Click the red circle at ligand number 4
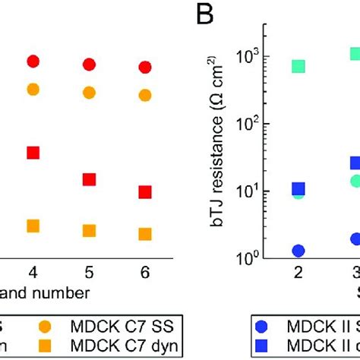click(33, 62)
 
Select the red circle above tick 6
click(145, 68)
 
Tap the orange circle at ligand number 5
click(90, 93)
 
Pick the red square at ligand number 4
click(33, 153)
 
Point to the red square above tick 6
click(145, 192)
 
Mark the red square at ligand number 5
click(90, 179)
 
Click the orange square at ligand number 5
click(90, 230)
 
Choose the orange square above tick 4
click(33, 226)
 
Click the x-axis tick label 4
click(33, 272)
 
